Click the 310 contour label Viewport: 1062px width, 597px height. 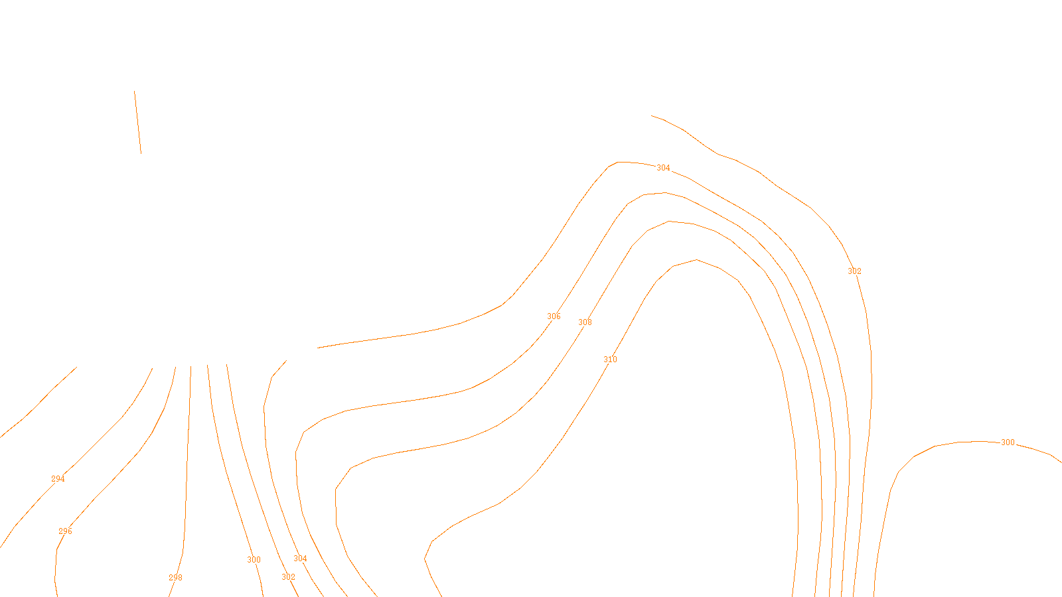tap(610, 360)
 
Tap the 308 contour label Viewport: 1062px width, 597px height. tap(585, 322)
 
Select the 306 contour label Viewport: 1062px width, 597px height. tap(554, 316)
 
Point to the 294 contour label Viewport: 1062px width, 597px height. tap(58, 479)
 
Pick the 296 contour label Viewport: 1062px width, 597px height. tap(65, 531)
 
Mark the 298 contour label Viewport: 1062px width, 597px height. tap(175, 578)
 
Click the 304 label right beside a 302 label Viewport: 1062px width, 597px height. tap(300, 559)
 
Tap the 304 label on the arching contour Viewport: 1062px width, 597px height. tap(663, 168)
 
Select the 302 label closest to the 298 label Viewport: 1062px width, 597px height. tap(288, 577)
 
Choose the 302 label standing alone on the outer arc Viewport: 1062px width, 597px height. tap(854, 271)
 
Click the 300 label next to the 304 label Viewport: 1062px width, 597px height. tap(254, 560)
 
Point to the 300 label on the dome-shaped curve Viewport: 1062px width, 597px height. tap(1008, 442)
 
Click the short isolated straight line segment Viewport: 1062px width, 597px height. tap(137, 123)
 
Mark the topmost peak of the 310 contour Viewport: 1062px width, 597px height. tap(696, 260)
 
